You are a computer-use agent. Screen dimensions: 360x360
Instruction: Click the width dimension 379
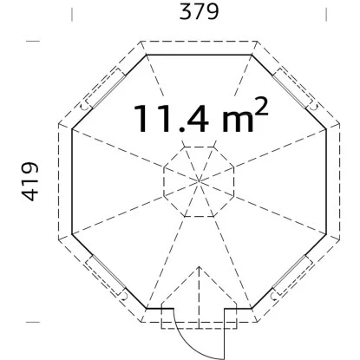[x=199, y=12]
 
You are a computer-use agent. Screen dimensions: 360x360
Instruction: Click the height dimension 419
[x=30, y=181]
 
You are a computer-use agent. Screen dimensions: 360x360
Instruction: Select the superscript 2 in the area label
[x=261, y=107]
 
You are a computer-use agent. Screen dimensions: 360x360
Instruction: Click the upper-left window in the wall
[x=106, y=88]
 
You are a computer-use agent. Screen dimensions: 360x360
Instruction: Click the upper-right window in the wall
[x=292, y=88]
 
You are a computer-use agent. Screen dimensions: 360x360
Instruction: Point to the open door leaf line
[x=224, y=334]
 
